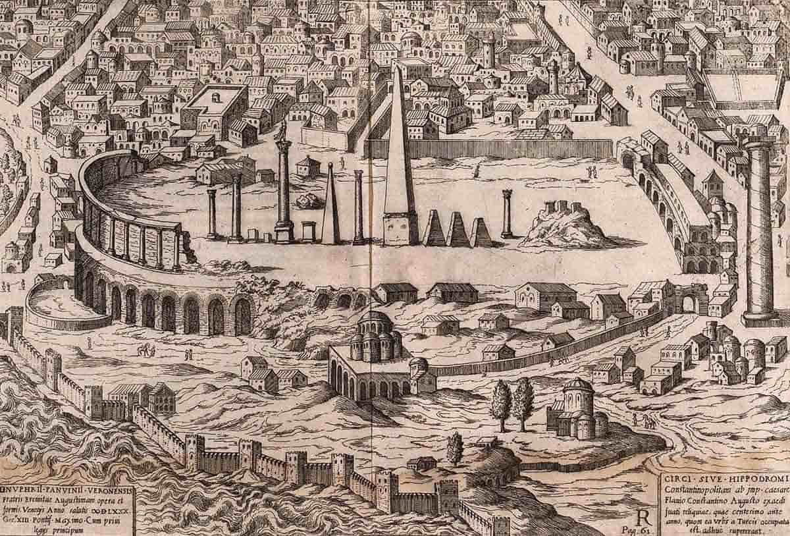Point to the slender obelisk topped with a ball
330,204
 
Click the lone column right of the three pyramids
507,214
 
